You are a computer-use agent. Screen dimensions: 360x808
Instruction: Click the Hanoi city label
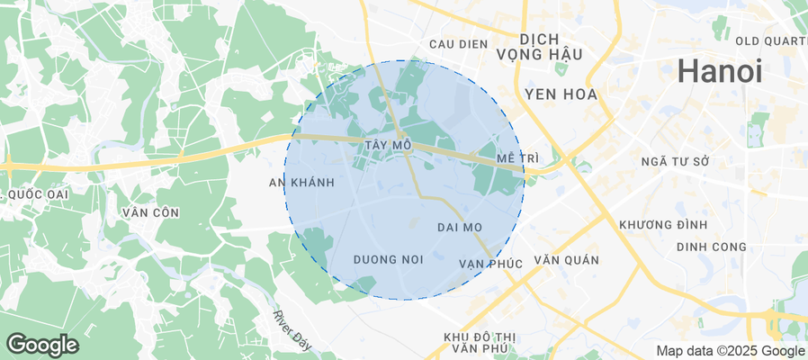720,70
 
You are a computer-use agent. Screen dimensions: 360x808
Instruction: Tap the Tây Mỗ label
389,145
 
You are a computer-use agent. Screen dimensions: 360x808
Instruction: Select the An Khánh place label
301,183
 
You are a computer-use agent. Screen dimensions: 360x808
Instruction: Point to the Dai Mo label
460,227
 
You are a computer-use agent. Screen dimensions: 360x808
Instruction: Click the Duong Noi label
388,259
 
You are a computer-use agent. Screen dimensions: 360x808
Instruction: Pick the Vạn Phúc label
490,263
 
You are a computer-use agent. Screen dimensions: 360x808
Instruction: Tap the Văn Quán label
566,259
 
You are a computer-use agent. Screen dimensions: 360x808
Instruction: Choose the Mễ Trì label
517,158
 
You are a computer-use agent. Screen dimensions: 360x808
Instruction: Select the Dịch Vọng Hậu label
551,47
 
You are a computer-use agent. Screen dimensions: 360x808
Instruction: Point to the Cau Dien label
458,43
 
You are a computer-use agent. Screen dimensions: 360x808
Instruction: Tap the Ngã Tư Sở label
676,161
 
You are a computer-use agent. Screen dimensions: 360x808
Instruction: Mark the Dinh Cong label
712,247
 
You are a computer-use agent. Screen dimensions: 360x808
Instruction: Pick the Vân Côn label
148,212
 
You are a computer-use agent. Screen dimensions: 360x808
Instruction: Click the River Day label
293,329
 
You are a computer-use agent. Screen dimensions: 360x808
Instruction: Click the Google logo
41,344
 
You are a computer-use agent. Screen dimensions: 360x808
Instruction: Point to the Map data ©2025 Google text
730,351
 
